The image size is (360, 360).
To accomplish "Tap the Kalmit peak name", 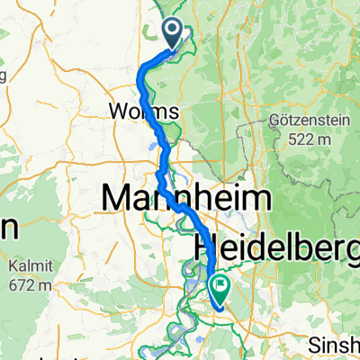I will (31, 267).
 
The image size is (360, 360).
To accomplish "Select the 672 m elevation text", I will (31, 284).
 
